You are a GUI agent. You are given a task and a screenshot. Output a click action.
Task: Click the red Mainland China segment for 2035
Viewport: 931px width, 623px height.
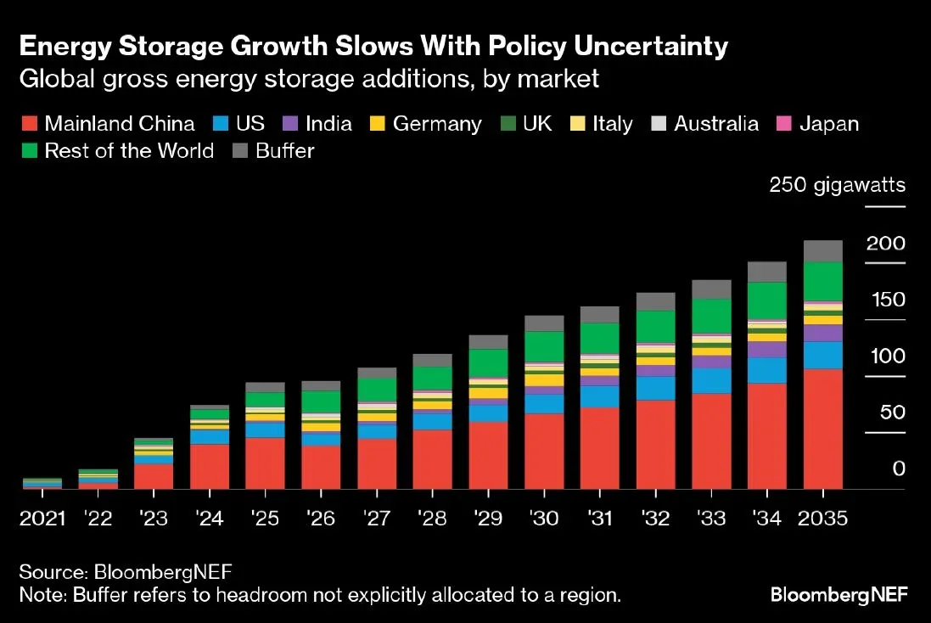coord(822,429)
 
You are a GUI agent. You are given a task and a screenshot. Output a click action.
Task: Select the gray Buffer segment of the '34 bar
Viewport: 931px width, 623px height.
coord(766,272)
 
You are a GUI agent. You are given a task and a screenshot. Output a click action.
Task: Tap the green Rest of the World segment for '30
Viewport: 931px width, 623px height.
coord(544,346)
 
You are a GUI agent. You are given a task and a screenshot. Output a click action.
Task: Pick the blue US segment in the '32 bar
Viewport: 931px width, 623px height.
coord(655,388)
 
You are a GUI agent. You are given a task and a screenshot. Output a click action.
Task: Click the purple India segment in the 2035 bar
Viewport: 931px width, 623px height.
coord(822,333)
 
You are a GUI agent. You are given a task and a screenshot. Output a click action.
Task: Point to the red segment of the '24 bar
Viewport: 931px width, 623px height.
coord(210,466)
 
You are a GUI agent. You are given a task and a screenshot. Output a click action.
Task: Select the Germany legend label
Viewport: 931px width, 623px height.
coord(436,124)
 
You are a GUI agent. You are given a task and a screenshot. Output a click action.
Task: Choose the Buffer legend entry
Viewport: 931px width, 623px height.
coord(284,152)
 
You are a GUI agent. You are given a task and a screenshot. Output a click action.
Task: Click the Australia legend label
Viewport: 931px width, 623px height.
coord(715,124)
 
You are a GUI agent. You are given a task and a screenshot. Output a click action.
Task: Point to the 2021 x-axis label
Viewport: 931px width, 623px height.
coord(42,518)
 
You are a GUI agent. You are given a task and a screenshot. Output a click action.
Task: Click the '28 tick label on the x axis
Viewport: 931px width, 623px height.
coord(432,518)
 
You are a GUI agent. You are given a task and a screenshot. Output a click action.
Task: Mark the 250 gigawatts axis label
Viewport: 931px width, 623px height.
coord(837,185)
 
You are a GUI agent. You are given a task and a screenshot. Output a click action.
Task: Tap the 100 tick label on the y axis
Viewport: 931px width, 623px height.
coord(886,356)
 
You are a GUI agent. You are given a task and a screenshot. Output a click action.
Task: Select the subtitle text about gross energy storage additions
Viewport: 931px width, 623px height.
coord(309,80)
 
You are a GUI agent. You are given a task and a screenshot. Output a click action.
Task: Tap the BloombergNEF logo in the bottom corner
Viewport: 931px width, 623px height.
coord(838,595)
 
